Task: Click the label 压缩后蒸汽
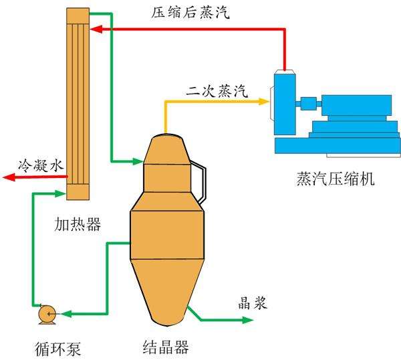188,13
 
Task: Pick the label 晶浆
253,302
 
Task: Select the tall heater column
78,100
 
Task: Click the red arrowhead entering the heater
96,29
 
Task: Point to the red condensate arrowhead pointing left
8,177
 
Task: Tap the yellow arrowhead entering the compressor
265,101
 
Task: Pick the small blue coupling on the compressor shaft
308,104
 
